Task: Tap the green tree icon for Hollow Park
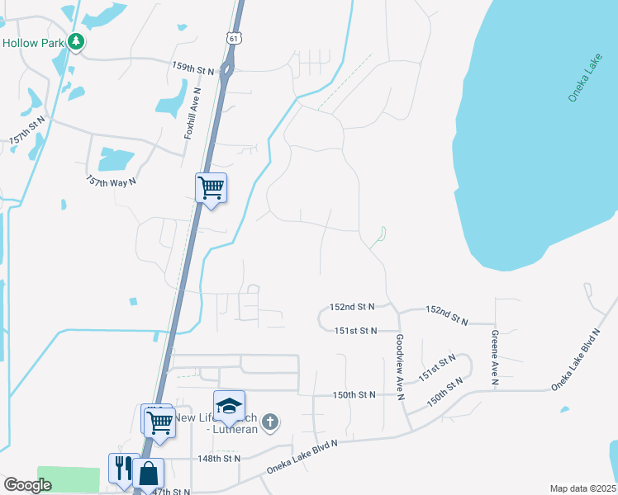pyautogui.click(x=76, y=41)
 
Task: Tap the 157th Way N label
pyautogui.click(x=111, y=180)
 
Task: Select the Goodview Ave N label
pyautogui.click(x=400, y=366)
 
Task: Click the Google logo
pyautogui.click(x=27, y=485)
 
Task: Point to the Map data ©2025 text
pyautogui.click(x=582, y=488)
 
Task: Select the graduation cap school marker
pyautogui.click(x=229, y=406)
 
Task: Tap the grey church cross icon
pyautogui.click(x=269, y=424)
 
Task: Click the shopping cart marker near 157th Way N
pyautogui.click(x=211, y=187)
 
